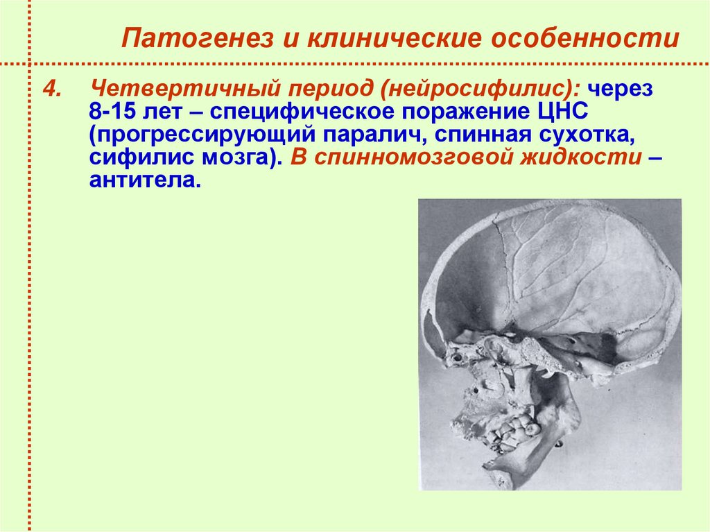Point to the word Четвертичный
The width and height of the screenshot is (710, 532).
click(x=171, y=89)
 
